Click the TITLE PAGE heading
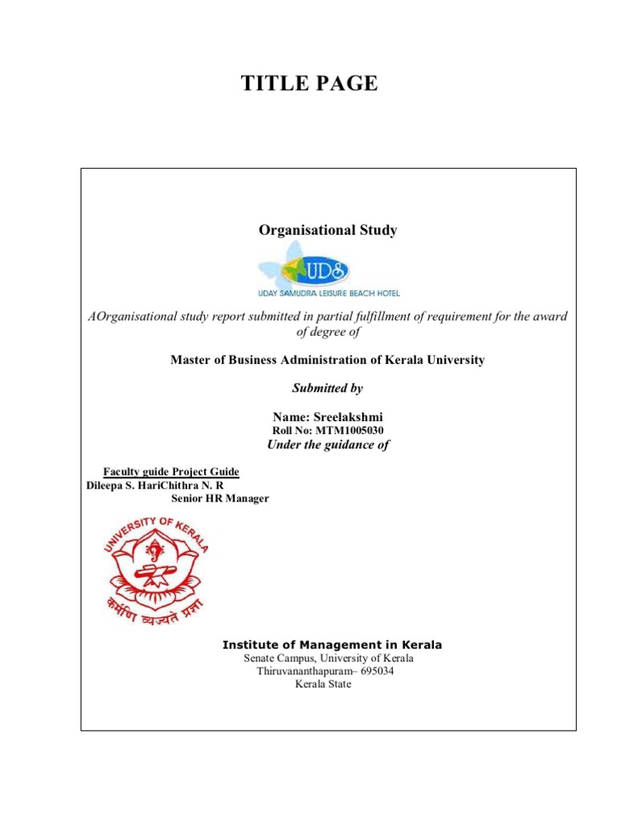308,83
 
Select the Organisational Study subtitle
328,231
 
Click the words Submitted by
328,388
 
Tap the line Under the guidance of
328,445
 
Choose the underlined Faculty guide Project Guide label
172,472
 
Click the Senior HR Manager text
220,499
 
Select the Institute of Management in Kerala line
332,645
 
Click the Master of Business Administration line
328,360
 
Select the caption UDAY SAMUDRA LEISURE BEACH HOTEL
329,294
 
